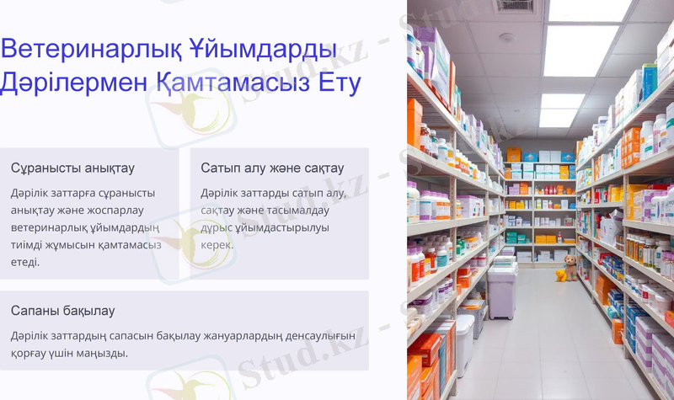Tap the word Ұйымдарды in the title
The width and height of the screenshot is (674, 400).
267,48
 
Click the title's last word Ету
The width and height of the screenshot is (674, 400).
334,83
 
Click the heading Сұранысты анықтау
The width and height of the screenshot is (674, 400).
72,168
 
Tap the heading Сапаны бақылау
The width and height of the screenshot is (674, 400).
62,311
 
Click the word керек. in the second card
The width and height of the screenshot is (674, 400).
217,244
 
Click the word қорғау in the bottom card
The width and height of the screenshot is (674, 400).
30,353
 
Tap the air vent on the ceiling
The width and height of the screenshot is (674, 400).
514,5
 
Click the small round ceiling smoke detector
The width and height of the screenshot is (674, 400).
506,37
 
